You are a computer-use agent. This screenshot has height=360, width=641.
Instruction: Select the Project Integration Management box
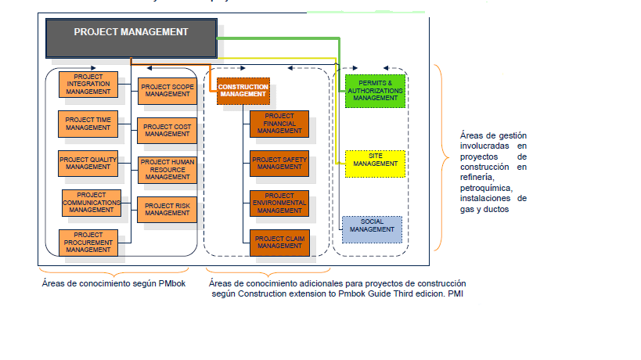point(88,84)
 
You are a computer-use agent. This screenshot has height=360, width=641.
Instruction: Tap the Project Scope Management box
point(167,90)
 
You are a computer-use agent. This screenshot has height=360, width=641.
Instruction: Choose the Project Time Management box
point(88,123)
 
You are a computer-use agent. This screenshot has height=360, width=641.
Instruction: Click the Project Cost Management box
point(167,130)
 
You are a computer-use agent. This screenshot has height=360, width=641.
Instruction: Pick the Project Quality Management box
point(88,163)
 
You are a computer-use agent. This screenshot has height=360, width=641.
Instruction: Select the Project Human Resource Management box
point(167,169)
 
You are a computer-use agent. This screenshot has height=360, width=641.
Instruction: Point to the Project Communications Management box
point(92,203)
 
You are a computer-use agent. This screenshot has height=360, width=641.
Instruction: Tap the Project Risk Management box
point(167,208)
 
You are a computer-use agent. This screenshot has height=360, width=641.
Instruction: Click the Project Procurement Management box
point(88,243)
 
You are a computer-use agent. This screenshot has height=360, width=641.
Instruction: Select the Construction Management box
point(243,90)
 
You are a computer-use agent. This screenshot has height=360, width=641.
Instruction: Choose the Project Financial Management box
point(279,124)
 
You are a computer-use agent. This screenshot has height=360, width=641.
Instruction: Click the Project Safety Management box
point(279,163)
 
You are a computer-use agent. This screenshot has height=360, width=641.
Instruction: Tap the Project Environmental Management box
point(279,203)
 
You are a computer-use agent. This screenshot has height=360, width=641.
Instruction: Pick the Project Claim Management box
point(279,242)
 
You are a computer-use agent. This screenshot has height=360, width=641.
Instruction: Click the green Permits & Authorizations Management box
point(374,90)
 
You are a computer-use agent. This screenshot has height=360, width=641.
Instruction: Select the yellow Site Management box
point(374,163)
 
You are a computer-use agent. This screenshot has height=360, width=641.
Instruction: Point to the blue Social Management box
point(372,229)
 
